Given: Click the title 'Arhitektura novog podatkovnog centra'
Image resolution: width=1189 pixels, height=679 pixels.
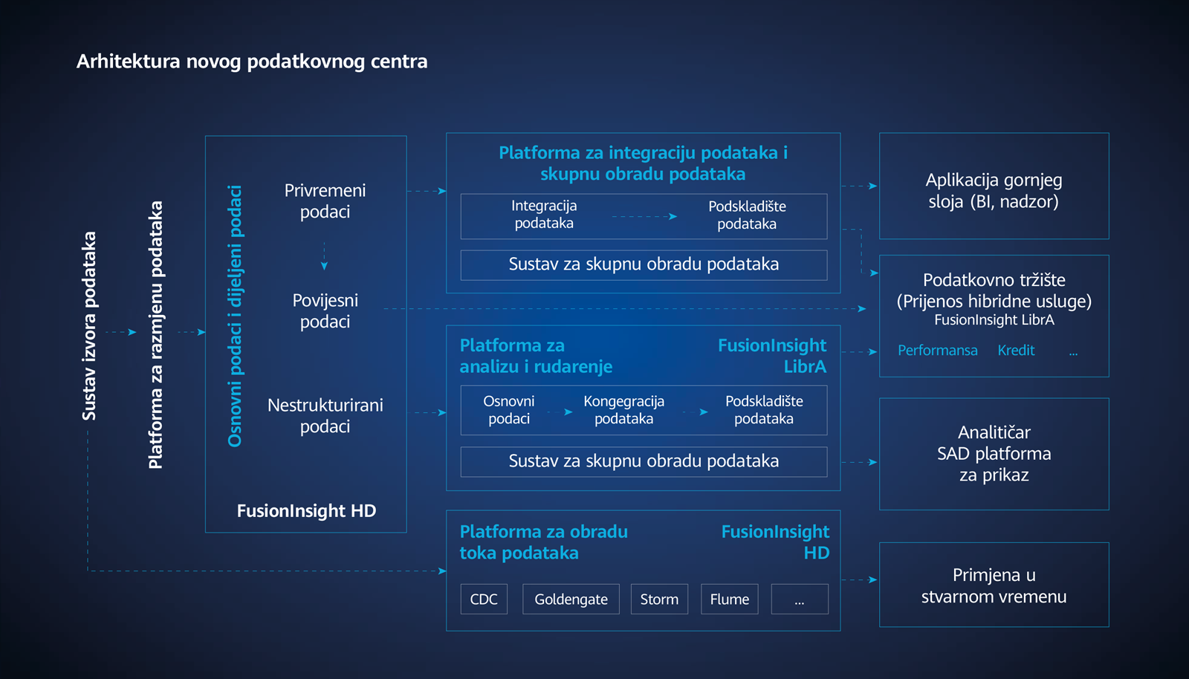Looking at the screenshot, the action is [252, 62].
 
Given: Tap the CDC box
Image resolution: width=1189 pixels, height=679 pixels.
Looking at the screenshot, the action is [484, 599].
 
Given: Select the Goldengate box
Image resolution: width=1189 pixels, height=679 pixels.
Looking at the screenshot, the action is [571, 599].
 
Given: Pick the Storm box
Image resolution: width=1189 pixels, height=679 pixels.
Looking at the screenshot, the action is [659, 599].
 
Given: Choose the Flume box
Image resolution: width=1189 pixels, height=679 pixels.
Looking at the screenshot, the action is [729, 599].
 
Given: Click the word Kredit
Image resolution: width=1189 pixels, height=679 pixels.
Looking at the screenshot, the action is [1016, 350].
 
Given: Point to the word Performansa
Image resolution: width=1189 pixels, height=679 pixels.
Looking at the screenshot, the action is [937, 350].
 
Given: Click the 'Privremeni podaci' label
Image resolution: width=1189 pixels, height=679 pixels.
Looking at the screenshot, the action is [325, 201].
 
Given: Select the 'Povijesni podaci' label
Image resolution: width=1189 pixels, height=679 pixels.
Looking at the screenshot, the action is [325, 311].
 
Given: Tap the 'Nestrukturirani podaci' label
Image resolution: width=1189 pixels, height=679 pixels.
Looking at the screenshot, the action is [325, 415].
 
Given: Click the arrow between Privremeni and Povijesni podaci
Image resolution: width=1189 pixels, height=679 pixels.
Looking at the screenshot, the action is [324, 256].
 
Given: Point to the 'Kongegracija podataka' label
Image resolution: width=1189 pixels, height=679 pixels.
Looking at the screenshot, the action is [623, 409].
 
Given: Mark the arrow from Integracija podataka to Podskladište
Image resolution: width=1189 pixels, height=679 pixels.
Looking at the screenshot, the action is [644, 216].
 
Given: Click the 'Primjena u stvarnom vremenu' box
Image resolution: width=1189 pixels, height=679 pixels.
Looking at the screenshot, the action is [994, 585].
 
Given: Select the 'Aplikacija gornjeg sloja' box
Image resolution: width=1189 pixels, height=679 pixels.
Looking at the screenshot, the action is [994, 186].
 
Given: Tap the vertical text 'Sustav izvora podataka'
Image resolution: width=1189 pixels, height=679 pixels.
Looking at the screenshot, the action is [88, 325].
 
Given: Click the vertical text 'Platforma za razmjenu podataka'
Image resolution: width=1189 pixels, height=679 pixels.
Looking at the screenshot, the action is [155, 335].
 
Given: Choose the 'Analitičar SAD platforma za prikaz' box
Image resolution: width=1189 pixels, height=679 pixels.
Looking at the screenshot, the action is [994, 454].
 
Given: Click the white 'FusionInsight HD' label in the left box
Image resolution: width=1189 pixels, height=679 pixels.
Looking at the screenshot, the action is [306, 510].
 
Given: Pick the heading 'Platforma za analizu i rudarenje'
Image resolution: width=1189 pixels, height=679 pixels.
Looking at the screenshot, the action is [536, 356].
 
